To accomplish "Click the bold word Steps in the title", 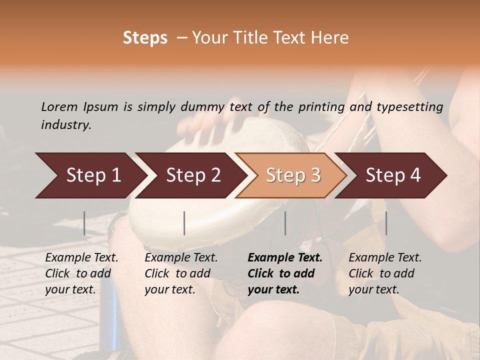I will point(145,38).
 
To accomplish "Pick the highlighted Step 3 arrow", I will point(293,175).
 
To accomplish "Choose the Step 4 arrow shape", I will point(393,175).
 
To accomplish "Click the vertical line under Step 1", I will point(84,223).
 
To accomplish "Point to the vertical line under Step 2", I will point(184,223).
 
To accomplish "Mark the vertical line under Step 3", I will point(285,223).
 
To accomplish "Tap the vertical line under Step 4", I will point(386,223).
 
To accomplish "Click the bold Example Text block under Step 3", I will point(285,273).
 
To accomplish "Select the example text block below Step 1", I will point(81,273).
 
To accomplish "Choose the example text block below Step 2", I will point(181,273).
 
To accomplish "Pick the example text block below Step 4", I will point(385,273).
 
